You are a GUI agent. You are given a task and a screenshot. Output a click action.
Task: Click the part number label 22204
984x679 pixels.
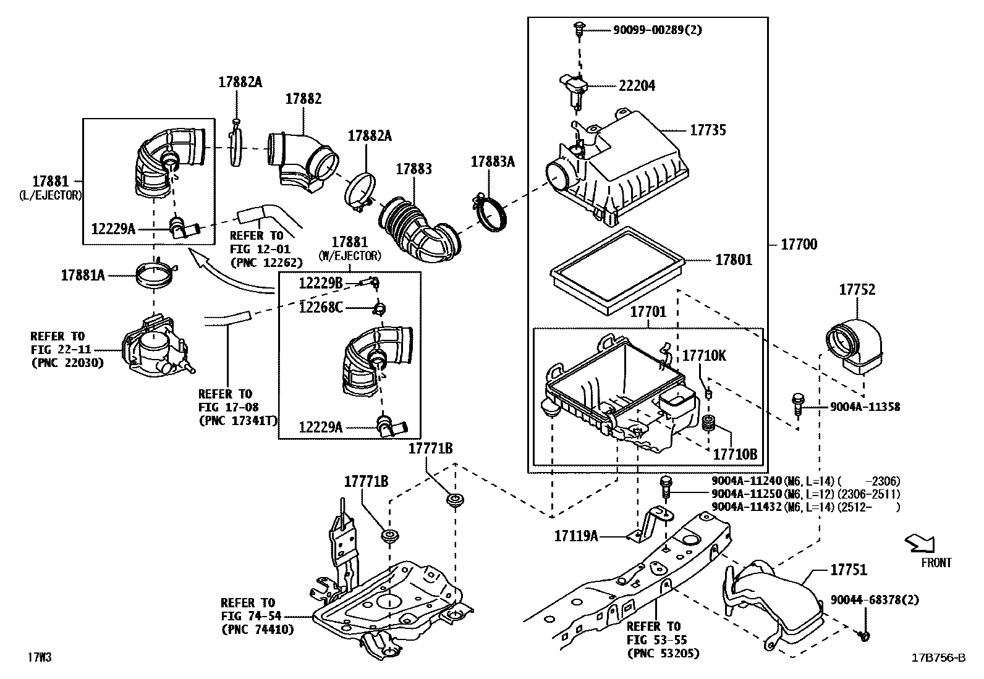click(x=637, y=86)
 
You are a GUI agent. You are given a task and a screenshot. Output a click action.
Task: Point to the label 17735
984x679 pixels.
click(x=708, y=130)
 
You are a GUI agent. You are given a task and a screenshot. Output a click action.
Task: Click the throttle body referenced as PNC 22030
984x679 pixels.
click(x=157, y=348)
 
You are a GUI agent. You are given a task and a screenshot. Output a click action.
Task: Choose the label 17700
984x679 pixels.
click(x=799, y=244)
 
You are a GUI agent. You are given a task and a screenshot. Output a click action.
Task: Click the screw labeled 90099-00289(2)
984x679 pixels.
click(x=579, y=29)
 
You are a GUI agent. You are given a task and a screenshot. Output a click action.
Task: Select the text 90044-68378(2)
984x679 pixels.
click(x=874, y=599)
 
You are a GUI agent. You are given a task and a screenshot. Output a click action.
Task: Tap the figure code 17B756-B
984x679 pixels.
click(x=938, y=657)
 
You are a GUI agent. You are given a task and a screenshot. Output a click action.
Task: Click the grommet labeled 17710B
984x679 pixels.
click(x=707, y=423)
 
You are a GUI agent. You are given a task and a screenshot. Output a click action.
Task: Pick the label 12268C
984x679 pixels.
click(x=320, y=308)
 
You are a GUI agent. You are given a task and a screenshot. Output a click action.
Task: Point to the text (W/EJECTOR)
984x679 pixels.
click(x=350, y=256)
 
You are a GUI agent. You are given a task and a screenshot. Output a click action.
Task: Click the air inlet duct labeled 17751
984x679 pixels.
click(x=772, y=602)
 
